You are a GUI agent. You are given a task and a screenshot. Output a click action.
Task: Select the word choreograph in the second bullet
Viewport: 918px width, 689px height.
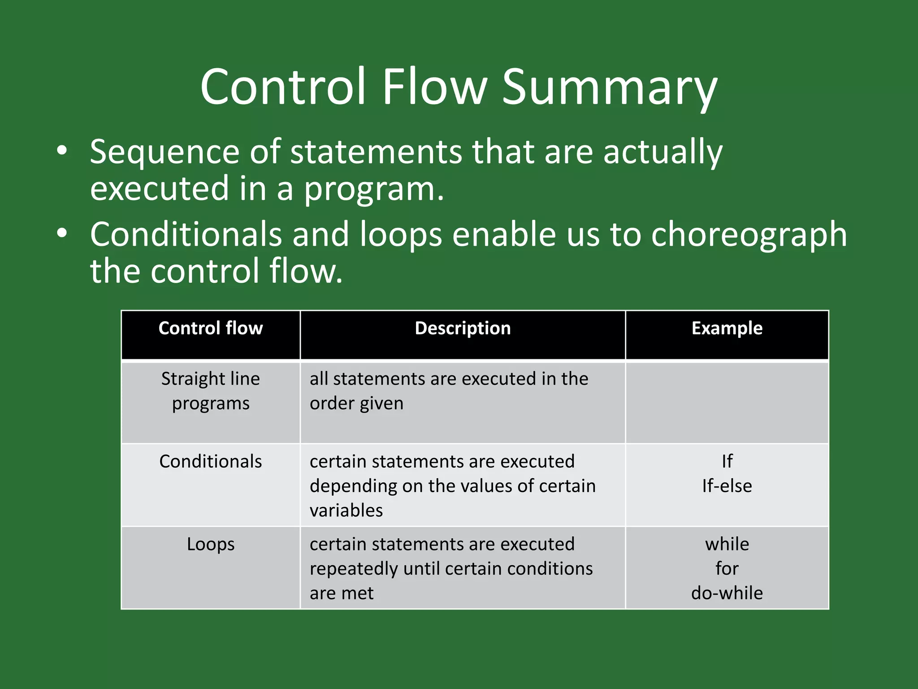749,235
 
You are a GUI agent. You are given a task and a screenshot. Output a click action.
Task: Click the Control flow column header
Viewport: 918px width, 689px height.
211,328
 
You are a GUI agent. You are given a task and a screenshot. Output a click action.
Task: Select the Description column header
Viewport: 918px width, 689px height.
463,328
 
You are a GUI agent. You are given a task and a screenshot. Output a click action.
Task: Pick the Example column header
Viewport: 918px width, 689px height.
727,328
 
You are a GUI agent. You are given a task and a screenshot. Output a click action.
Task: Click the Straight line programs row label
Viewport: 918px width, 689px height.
211,391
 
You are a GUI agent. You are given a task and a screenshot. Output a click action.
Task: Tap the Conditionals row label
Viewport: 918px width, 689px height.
211,462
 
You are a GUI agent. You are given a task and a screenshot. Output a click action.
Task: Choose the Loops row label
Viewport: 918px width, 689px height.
211,544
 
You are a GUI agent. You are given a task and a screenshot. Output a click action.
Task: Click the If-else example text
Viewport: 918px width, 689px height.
727,486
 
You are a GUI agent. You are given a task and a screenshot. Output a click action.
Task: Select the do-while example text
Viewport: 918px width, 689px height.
727,593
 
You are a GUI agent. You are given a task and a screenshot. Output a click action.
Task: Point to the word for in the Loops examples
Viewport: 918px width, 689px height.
727,569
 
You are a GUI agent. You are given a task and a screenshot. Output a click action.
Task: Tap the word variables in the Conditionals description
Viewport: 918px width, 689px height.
346,510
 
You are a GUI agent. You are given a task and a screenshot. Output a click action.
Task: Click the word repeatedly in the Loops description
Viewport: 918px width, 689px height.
354,569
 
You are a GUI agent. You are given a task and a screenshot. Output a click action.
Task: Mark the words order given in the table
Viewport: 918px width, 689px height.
356,403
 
